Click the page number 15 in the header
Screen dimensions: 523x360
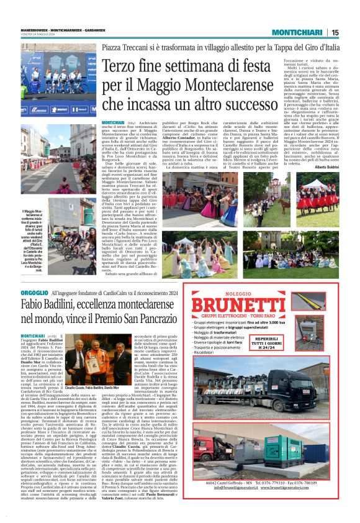tap(335, 32)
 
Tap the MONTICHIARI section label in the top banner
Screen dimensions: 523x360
tap(299, 32)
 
